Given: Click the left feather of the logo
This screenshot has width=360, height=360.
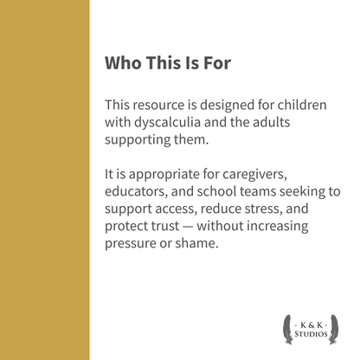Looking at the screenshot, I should point(286,326).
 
